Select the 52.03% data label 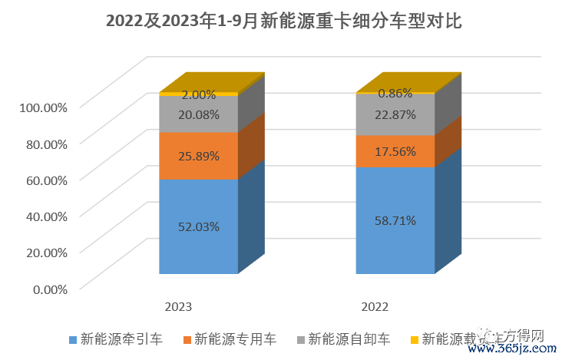[199, 226]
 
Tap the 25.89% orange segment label [199, 156]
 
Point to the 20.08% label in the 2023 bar [199, 115]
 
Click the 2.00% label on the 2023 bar [199, 95]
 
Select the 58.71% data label [395, 220]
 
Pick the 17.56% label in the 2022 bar [395, 152]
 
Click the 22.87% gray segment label [395, 115]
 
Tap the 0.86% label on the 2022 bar [395, 94]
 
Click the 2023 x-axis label [178, 306]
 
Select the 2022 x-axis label [375, 306]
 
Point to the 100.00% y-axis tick [41, 107]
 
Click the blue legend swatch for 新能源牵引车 [73, 339]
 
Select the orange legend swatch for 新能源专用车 [187, 339]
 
